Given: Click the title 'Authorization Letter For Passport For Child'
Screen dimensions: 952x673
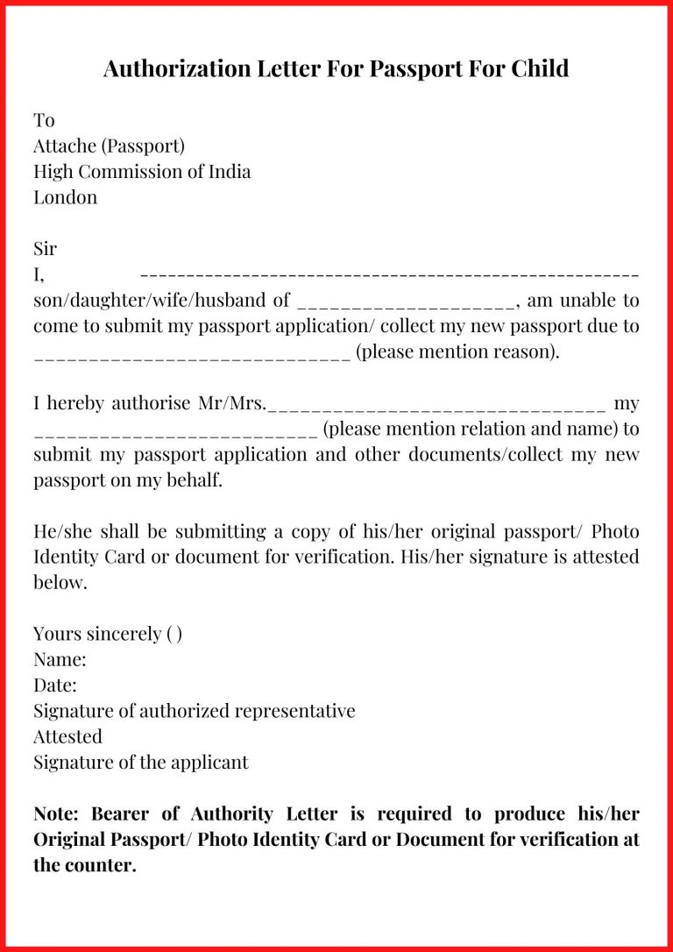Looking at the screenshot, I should coord(336,68).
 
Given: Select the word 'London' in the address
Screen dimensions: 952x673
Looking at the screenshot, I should coord(66,197).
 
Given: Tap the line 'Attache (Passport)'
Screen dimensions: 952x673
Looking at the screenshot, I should coord(109,146).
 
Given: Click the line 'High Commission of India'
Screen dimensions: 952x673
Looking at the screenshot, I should coord(142,171).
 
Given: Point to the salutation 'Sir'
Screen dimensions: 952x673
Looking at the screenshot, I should coord(45,249).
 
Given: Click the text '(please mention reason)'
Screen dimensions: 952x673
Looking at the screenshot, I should coord(457,352).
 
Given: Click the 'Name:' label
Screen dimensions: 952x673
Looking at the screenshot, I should coord(60,659).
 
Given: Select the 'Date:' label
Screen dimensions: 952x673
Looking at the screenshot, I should coord(55,685).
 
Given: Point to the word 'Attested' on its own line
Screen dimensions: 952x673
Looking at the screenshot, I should coord(67,736).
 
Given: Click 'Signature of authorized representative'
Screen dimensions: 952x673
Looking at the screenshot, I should coord(195,711).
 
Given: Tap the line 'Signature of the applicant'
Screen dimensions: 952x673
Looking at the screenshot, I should coord(141,762).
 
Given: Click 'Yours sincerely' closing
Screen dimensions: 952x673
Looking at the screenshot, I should coord(97,634).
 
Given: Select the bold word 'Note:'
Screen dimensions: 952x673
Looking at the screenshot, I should coord(59,813).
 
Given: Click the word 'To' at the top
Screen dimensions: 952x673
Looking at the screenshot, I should coord(44,120).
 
